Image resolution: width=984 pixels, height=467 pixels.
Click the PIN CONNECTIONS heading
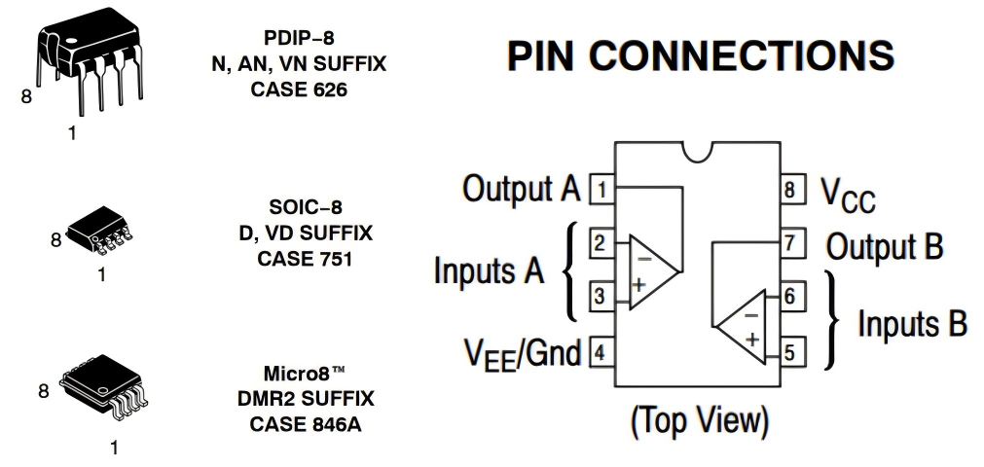pyautogui.click(x=700, y=56)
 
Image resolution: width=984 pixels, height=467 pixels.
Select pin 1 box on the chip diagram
pyautogui.click(x=601, y=189)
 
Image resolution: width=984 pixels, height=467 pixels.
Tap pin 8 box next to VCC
pyautogui.click(x=793, y=190)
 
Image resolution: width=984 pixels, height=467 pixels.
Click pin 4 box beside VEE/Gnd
pyautogui.click(x=601, y=352)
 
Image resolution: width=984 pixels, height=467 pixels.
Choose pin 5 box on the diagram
pyautogui.click(x=793, y=352)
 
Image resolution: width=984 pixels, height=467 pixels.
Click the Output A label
pyautogui.click(x=520, y=189)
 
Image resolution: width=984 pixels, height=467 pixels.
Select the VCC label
pyautogui.click(x=846, y=196)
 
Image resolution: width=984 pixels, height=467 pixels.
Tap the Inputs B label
pyautogui.click(x=911, y=324)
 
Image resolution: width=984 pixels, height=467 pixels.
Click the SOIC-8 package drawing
pyautogui.click(x=100, y=229)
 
